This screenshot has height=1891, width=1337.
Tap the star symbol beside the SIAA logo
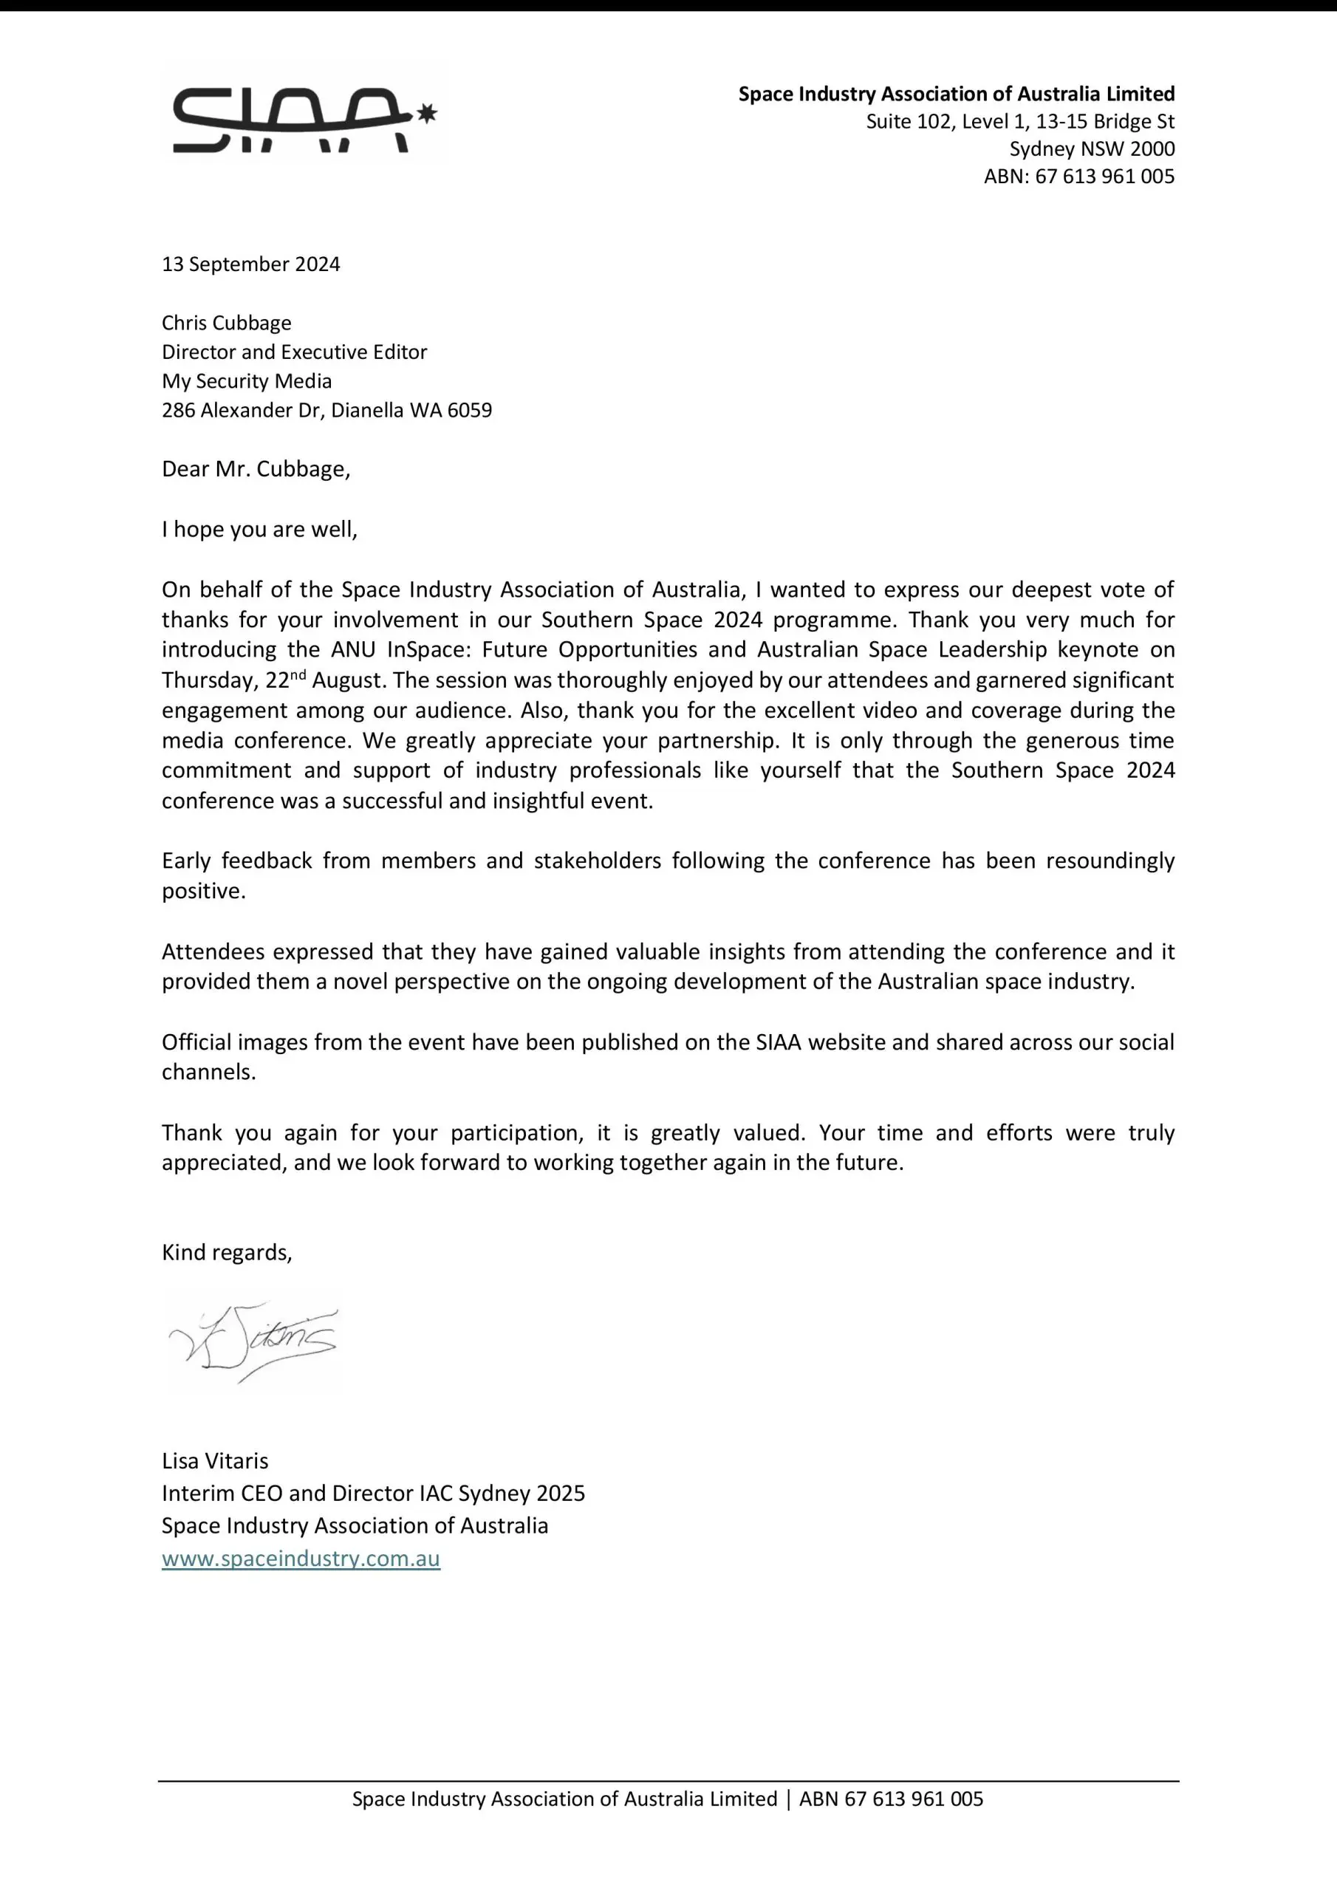(427, 114)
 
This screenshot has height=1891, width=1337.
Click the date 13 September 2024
(250, 264)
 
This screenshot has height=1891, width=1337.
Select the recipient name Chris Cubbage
(227, 323)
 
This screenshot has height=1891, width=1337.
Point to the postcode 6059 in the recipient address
(470, 410)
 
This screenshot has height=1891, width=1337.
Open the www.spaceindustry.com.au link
(301, 1559)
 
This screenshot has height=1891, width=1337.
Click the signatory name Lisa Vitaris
(215, 1461)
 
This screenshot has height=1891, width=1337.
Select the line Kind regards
(227, 1253)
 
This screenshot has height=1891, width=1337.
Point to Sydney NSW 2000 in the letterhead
(1092, 149)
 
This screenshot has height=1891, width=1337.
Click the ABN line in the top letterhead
(1078, 177)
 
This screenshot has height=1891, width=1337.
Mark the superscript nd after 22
(298, 674)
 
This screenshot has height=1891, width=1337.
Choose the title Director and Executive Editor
(294, 352)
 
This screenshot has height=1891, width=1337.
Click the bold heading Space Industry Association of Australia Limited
(956, 94)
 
